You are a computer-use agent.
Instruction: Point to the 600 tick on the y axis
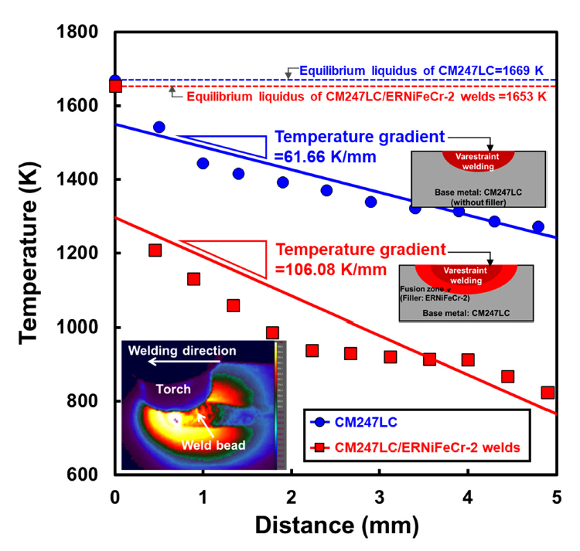85,474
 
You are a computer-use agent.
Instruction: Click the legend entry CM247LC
362,424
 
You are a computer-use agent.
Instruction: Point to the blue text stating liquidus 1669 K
422,70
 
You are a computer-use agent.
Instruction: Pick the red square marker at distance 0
115,87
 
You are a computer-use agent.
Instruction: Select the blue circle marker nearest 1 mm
203,164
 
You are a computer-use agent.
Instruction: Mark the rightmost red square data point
548,393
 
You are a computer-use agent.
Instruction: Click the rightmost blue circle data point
537,227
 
